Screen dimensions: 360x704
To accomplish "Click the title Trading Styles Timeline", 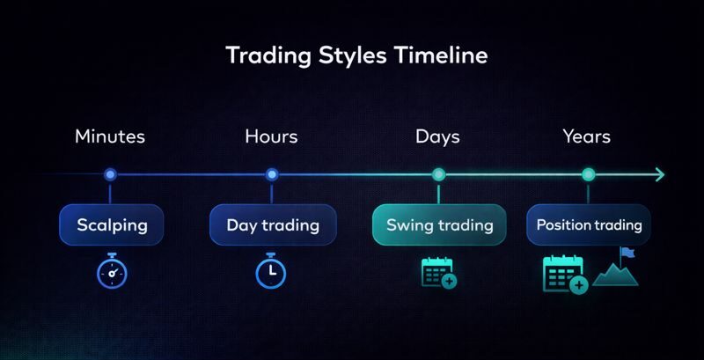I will coord(356,55).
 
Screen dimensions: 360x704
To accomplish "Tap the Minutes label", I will coord(110,136).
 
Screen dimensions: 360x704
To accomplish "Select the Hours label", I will coord(271,136).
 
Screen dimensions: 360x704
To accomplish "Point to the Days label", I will coord(437,136).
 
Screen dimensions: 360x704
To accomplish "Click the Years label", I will coord(587,136).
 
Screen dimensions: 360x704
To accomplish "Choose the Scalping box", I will coord(112,224).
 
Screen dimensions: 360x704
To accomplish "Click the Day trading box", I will coord(273,224).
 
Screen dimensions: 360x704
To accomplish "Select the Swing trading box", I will coord(439,224).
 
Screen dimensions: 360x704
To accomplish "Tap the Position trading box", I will coord(589,224).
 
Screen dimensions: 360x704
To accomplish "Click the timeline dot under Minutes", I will coord(110,174).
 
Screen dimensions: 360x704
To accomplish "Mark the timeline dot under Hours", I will coord(272,174).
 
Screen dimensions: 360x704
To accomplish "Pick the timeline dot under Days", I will coord(438,174).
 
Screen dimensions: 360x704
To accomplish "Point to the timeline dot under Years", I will coord(589,174).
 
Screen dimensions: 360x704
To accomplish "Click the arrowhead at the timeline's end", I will coord(659,174).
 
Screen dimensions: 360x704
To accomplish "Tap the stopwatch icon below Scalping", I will coord(112,271).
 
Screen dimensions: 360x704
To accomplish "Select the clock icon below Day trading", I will coord(271,271).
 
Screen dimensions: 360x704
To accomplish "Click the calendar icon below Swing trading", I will coord(438,272).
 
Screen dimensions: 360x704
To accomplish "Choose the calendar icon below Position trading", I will coord(564,274).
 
